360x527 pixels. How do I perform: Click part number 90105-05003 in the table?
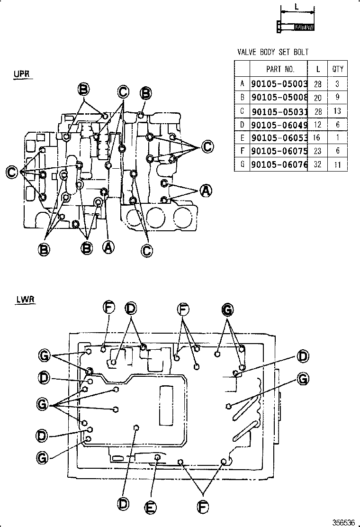coord(279,84)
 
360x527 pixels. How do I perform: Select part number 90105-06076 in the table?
coord(279,165)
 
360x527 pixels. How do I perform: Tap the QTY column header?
coord(338,69)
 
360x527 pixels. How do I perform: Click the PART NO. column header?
coord(280,69)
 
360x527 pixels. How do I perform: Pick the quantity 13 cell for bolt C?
coord(338,111)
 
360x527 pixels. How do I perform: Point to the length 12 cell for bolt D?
coord(318,125)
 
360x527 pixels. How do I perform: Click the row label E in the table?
coord(242,138)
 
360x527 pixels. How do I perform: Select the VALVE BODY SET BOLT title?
coord(273,52)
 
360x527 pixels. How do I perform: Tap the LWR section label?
coord(21,300)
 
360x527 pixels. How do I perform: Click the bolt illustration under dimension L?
coord(295,27)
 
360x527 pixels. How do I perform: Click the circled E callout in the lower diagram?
coord(150,507)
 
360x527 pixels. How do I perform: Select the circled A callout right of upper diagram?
coord(205,191)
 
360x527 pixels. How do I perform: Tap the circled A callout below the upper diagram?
coord(108,247)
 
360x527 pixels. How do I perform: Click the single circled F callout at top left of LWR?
coord(108,308)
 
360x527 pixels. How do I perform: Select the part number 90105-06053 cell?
coord(279,138)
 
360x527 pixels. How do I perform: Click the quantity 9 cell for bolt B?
coord(338,98)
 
